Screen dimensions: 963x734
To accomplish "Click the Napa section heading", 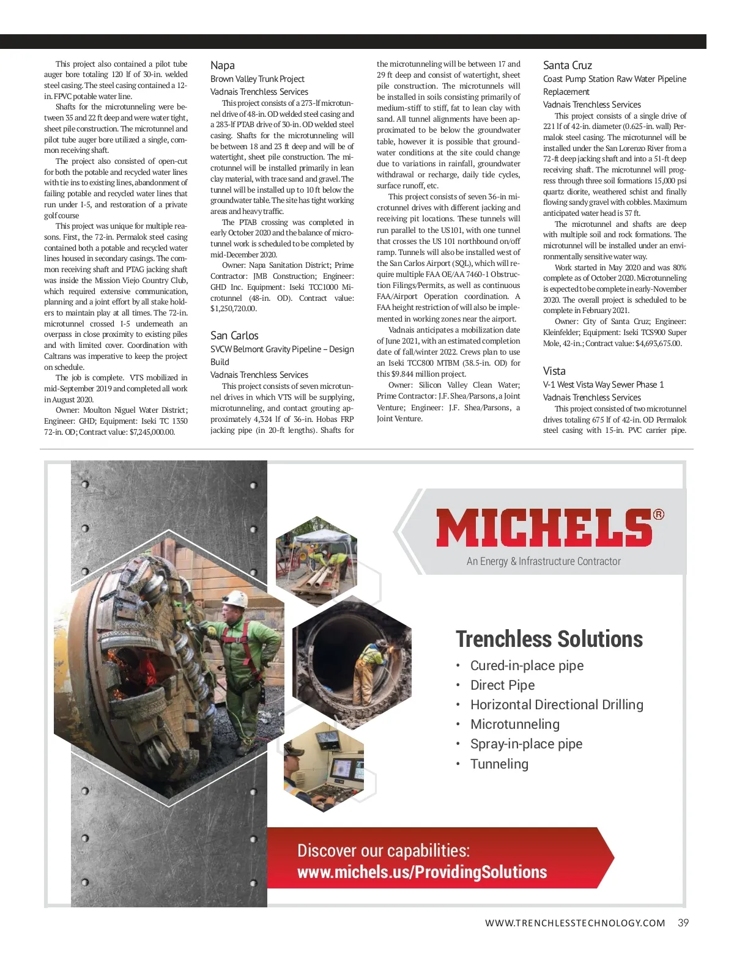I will tap(223, 65).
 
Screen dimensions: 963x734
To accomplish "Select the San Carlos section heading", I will tap(234, 336).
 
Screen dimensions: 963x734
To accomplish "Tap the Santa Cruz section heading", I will tap(568, 65).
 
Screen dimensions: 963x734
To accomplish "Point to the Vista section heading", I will tap(554, 371).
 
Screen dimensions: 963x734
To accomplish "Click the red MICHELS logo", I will tap(544, 528).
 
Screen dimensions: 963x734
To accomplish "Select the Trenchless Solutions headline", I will tap(549, 639).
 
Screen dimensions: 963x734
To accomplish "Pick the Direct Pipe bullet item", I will tap(502, 685).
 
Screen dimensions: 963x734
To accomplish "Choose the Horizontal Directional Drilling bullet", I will tap(557, 705).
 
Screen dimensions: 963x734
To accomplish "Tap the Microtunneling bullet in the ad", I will tap(515, 725).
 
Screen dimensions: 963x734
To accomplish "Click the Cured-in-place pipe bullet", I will tap(527, 666).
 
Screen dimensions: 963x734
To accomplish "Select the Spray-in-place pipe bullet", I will tap(526, 744).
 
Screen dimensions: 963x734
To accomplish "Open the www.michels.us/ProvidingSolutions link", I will tap(422, 873).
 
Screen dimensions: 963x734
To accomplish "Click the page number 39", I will tap(683, 923).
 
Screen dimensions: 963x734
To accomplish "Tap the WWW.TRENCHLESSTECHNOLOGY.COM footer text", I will tap(575, 923).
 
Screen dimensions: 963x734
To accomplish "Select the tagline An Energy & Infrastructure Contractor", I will tap(543, 561).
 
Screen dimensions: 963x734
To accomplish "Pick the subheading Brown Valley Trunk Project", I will tap(258, 79).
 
